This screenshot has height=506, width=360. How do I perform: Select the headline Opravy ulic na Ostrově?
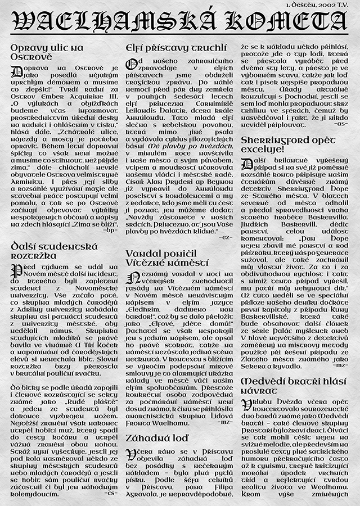click(47, 53)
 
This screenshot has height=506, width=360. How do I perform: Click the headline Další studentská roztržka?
click(54, 250)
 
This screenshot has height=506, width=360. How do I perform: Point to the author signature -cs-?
click(111, 493)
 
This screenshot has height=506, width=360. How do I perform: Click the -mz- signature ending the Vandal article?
click(224, 421)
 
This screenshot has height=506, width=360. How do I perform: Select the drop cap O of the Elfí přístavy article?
click(130, 64)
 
